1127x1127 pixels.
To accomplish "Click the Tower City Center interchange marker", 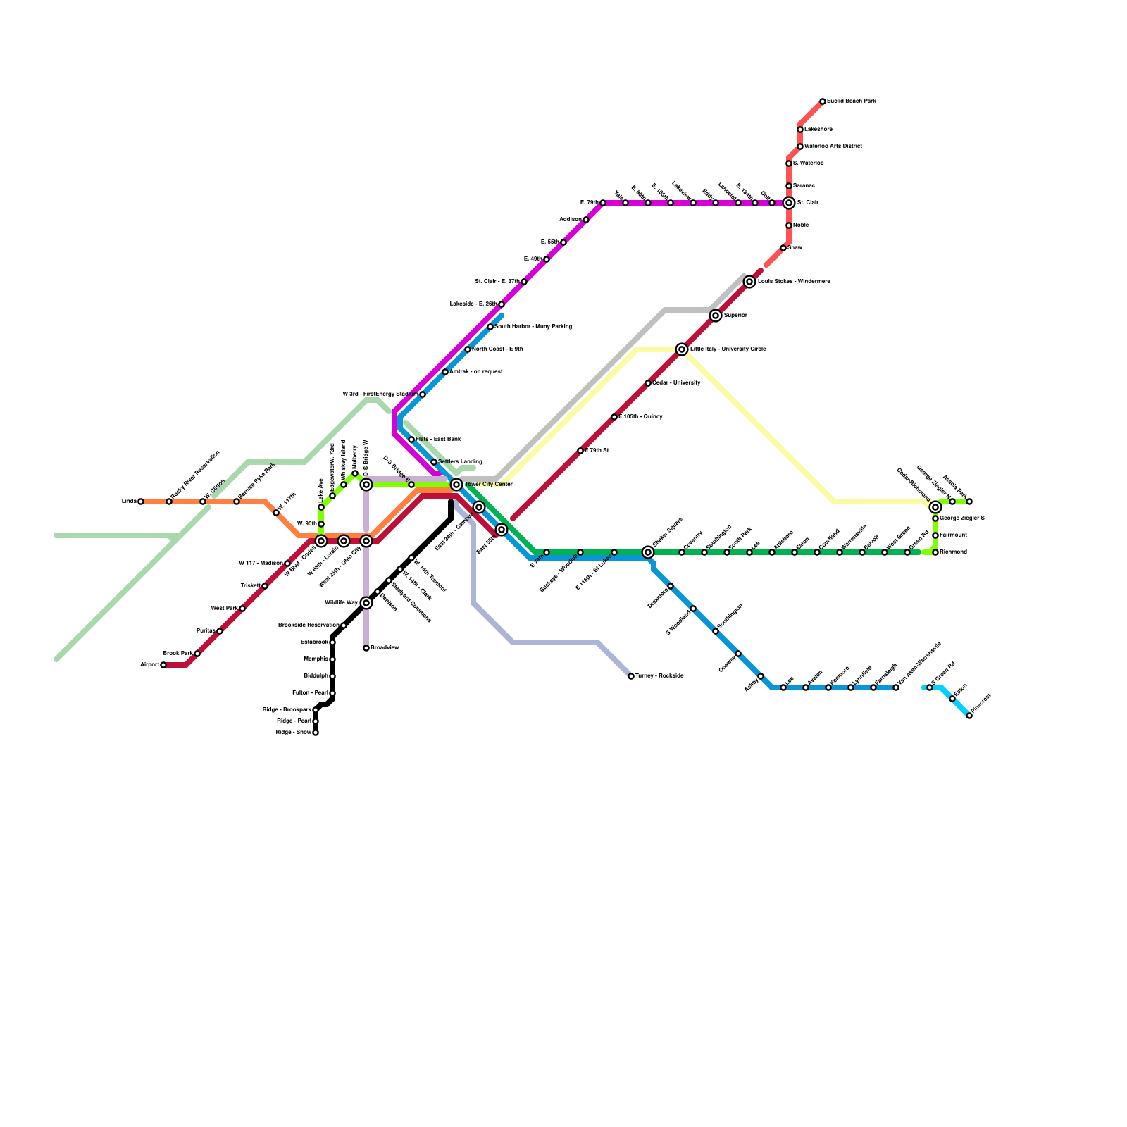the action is [456, 485].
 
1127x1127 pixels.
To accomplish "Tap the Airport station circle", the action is [163, 665].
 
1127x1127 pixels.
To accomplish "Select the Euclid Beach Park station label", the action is [852, 101].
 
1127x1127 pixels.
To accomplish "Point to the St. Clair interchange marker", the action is [789, 203].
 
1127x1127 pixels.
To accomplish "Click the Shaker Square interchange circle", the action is [648, 552].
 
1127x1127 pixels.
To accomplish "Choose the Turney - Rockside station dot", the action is [631, 676].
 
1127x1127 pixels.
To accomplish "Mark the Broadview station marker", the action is [366, 648].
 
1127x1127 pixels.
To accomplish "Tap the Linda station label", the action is [129, 502].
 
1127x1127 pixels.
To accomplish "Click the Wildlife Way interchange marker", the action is [366, 603].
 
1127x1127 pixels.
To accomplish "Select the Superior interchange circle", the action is [716, 316].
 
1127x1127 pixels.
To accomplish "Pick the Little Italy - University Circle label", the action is [728, 349].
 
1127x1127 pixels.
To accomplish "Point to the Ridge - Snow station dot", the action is [316, 733].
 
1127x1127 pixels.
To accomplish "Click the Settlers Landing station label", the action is [460, 462].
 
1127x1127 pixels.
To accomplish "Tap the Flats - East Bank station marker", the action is [411, 440].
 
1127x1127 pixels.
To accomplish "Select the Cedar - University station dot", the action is [648, 383].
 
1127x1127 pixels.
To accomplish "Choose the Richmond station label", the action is [953, 552].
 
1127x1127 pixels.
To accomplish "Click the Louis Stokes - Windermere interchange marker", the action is [749, 282].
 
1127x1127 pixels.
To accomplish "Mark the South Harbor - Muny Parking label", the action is [533, 327].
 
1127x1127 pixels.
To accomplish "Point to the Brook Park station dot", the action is [197, 654].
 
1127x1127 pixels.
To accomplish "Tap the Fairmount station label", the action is [953, 535].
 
